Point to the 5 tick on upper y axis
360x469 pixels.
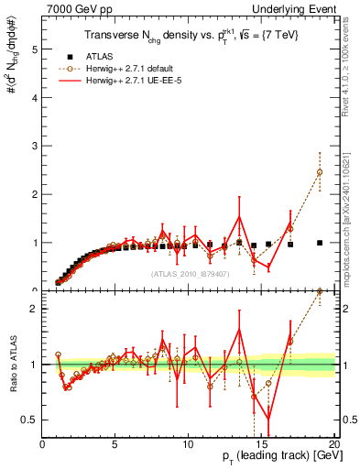pos(35,49)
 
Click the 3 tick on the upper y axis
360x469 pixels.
pos(35,146)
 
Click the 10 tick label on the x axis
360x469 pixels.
pos(188,444)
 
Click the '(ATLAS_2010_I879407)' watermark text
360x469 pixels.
pos(188,274)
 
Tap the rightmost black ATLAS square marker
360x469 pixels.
pos(320,243)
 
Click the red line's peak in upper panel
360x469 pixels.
pos(239,217)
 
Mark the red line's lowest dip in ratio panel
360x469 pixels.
pos(268,420)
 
